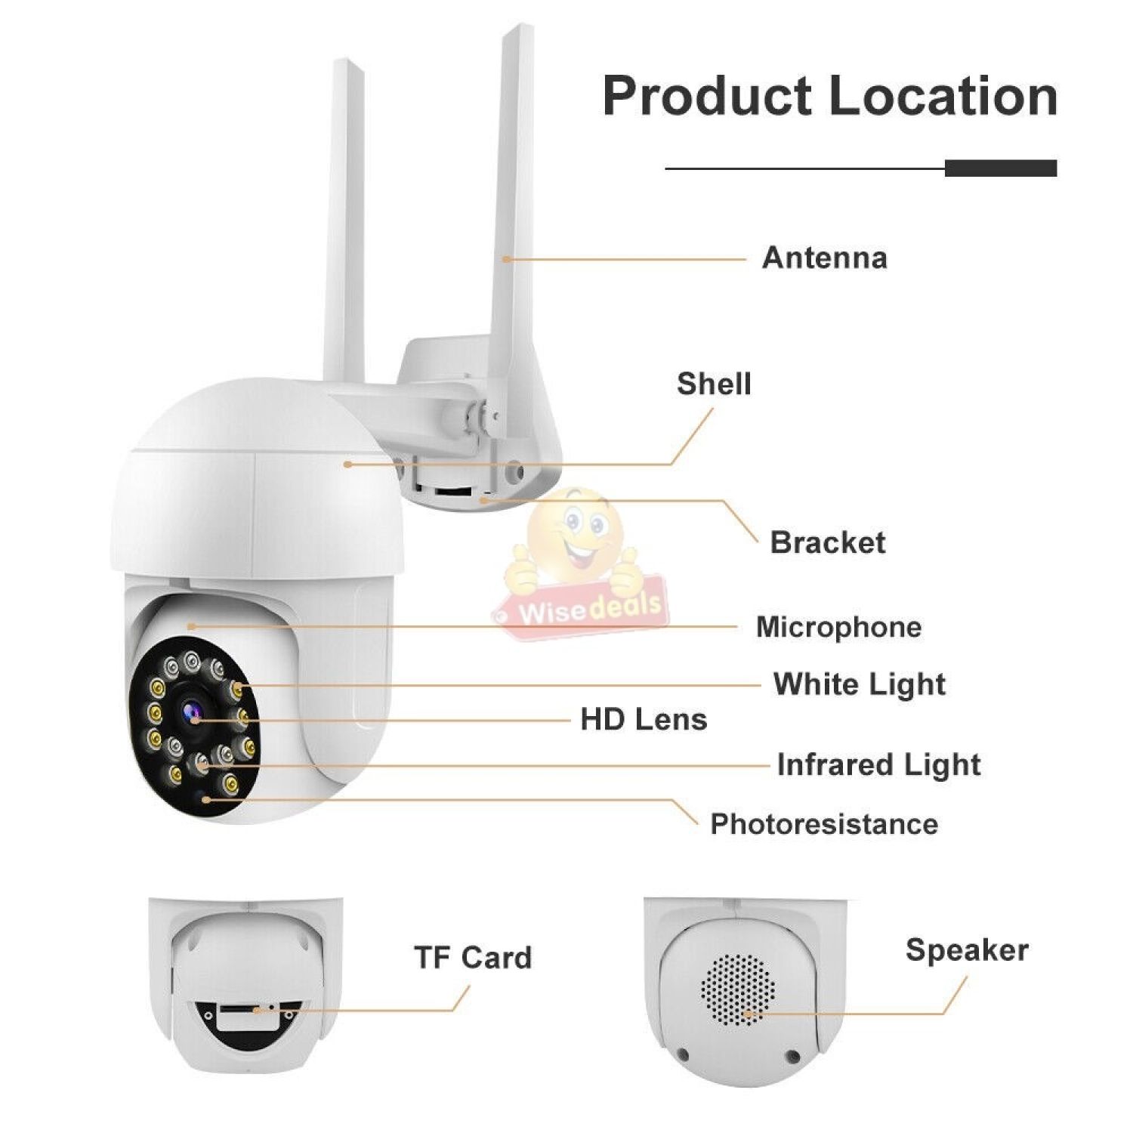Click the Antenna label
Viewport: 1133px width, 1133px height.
click(824, 258)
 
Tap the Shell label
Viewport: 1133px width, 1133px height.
click(714, 384)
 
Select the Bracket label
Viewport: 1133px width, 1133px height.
click(827, 542)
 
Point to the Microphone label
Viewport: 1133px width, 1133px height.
click(838, 627)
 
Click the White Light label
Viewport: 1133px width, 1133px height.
click(859, 684)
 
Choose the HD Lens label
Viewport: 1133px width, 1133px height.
click(644, 719)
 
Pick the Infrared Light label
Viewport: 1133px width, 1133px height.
click(878, 764)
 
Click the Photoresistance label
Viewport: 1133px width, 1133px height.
click(824, 823)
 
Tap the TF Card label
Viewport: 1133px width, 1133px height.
click(473, 957)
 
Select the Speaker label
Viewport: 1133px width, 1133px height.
click(967, 949)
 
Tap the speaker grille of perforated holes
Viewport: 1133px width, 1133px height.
click(738, 989)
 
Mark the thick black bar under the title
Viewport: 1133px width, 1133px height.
click(1000, 168)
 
